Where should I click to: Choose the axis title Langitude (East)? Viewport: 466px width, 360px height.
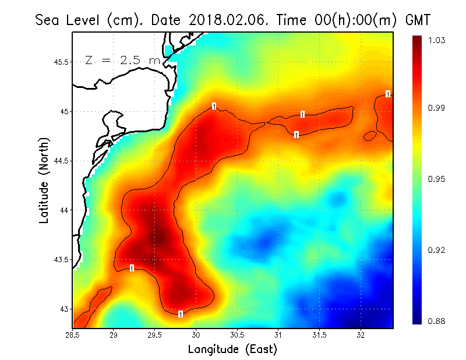pos(232,350)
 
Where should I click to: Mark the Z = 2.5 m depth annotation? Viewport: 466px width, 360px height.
pos(122,60)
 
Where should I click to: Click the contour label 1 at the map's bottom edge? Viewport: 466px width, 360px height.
pos(181,315)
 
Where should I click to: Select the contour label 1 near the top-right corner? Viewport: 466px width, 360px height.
pos(388,94)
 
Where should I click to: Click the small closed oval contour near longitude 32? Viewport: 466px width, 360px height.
pos(370,136)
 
